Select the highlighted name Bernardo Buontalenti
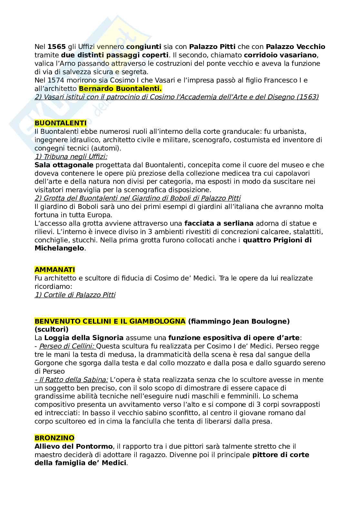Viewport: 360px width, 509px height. coord(120,89)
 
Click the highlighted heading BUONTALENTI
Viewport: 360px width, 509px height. coord(60,123)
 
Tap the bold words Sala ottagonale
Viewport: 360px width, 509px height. coord(64,165)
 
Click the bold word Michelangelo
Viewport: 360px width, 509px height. coord(59,249)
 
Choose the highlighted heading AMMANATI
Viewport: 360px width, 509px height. coord(55,269)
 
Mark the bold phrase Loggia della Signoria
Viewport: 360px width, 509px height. coord(84,338)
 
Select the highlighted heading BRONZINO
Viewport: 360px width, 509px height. coord(54,438)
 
